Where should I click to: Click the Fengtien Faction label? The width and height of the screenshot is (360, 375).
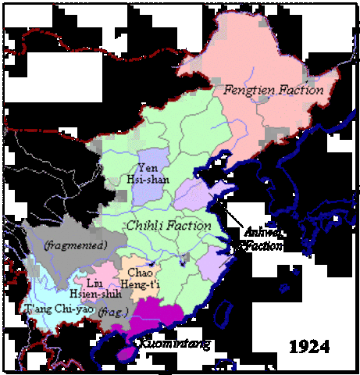pos(273,90)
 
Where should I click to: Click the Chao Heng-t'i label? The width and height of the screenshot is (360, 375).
pos(142,277)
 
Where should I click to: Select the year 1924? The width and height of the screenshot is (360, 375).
pos(307,345)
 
